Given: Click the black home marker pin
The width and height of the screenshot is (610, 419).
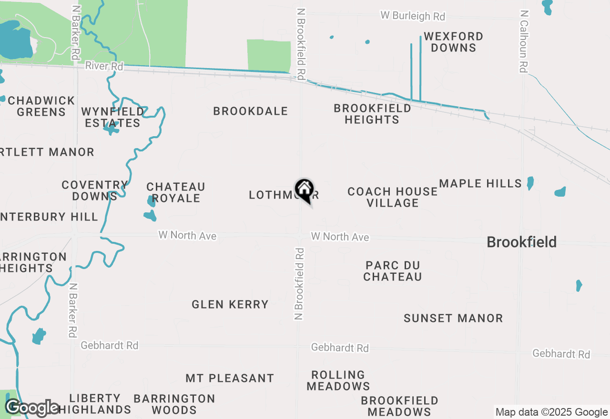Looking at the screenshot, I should point(304,190).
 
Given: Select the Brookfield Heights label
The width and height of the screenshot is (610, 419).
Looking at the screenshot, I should point(372,114).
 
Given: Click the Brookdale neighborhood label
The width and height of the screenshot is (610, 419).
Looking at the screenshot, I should point(251,111).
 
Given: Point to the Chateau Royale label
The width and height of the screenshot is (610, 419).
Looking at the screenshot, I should point(176,192).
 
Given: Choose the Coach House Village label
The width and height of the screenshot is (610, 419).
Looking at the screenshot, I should point(392,197).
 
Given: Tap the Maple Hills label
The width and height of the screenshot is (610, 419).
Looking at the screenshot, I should point(480,184).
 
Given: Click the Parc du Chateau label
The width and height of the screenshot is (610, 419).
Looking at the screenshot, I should point(393,271).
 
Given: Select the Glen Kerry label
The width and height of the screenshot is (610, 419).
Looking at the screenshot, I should point(230,304).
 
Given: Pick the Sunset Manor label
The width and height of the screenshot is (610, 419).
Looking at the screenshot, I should point(453,318).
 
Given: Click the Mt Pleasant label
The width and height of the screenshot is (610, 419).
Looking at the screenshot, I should point(230,379).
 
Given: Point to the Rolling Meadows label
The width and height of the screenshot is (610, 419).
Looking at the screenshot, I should point(338,380).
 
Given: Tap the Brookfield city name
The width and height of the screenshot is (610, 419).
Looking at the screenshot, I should point(521,242).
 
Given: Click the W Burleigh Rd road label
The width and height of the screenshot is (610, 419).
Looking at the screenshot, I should point(413,16).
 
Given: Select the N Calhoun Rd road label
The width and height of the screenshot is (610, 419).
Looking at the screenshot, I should point(524,41).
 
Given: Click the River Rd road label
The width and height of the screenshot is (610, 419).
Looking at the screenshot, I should point(104,66).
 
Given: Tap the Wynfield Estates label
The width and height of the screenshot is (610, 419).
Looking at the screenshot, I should point(112,117).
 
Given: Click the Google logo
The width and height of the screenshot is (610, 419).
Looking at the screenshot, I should point(32,408).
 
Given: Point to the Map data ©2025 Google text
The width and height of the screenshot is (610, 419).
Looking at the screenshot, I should point(551,412).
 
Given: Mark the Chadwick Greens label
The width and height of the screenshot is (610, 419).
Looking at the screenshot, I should point(41,106).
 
